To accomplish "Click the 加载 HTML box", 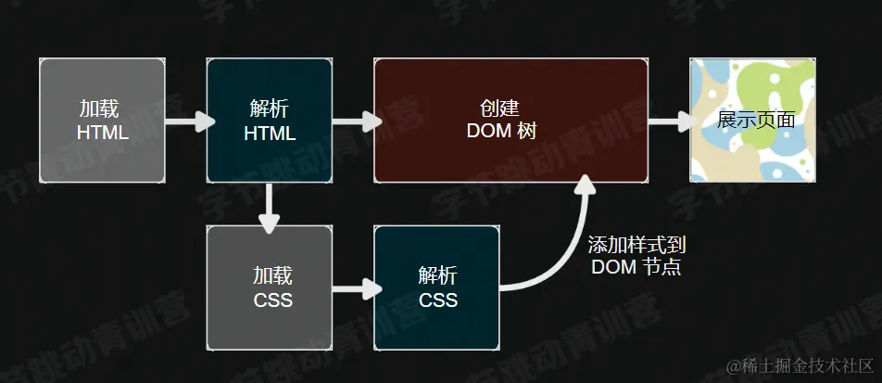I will tap(102, 120).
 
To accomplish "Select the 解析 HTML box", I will tap(269, 120).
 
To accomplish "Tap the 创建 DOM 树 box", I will tap(510, 120).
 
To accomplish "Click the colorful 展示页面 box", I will tap(752, 120).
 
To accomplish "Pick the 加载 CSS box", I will tap(269, 287).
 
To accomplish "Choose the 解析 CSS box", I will tap(437, 287).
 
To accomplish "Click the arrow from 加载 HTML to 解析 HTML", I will tap(186, 121).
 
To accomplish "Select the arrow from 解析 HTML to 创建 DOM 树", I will tap(355, 121).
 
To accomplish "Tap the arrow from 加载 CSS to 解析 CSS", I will tap(355, 288).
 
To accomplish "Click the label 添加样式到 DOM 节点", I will tap(637, 256).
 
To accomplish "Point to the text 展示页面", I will tap(756, 121).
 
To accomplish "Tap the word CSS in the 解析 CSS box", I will tap(438, 300).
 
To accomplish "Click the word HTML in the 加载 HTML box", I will tap(102, 133).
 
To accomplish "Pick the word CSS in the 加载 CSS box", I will tap(272, 300).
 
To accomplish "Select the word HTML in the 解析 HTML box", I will tap(270, 134).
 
